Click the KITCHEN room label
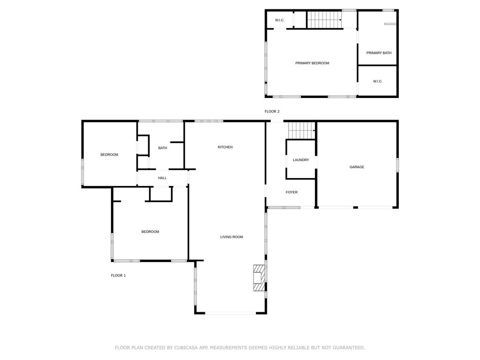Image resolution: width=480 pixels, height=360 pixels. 225,147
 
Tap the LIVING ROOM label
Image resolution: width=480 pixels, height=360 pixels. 232,237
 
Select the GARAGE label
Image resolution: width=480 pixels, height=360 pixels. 357,167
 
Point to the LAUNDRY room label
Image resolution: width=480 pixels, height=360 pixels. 300,160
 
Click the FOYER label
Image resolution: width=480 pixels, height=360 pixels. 292,192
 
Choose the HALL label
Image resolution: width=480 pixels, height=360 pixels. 162,178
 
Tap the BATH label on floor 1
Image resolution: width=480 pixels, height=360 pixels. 163,148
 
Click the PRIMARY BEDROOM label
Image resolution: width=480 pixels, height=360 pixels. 312,63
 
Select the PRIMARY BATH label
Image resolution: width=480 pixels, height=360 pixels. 379,53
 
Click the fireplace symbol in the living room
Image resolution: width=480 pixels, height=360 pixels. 259,277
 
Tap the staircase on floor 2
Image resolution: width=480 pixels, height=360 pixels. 324,20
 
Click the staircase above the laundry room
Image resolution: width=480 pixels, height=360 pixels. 301,130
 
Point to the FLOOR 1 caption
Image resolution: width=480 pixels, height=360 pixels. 118,276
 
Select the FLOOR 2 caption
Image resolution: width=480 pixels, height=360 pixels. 272,112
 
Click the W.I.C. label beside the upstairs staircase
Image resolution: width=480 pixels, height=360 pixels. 279,20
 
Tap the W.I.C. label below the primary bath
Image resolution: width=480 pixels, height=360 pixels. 377,82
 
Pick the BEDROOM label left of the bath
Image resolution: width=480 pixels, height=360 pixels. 109,155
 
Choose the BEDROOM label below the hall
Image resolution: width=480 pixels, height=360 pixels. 150,232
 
